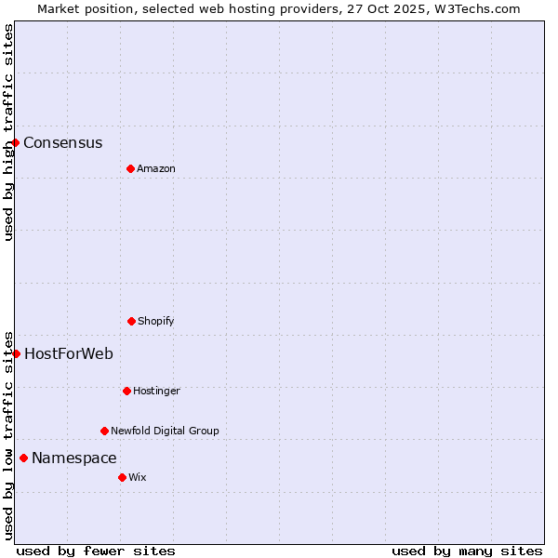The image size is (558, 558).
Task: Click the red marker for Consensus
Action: pyautogui.click(x=16, y=142)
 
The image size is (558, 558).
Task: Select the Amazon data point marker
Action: pyautogui.click(x=130, y=168)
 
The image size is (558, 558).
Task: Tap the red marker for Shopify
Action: pyautogui.click(x=131, y=321)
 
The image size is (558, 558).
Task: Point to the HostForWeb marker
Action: pyautogui.click(x=16, y=353)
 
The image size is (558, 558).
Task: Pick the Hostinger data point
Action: pyautogui.click(x=126, y=391)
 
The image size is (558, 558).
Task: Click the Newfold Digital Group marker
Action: pyautogui.click(x=104, y=431)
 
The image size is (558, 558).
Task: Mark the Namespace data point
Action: pyautogui.click(x=23, y=458)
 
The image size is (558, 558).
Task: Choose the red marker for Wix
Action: pyautogui.click(x=122, y=477)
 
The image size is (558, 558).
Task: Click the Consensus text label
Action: pyautogui.click(x=63, y=143)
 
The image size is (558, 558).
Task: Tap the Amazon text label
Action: pyautogui.click(x=156, y=169)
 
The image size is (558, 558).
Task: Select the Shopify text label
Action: pyautogui.click(x=156, y=322)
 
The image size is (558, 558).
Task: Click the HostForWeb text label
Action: pyautogui.click(x=69, y=354)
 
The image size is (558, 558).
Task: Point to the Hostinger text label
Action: pyautogui.click(x=156, y=392)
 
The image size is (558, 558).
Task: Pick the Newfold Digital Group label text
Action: pyautogui.click(x=165, y=432)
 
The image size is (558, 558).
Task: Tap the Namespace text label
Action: pyautogui.click(x=74, y=458)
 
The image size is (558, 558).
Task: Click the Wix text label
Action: pyautogui.click(x=138, y=478)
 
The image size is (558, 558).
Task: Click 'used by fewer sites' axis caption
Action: pyautogui.click(x=96, y=551)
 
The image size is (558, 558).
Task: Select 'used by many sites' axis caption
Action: pyautogui.click(x=467, y=551)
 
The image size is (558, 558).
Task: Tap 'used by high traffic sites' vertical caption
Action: pyautogui.click(x=8, y=132)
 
